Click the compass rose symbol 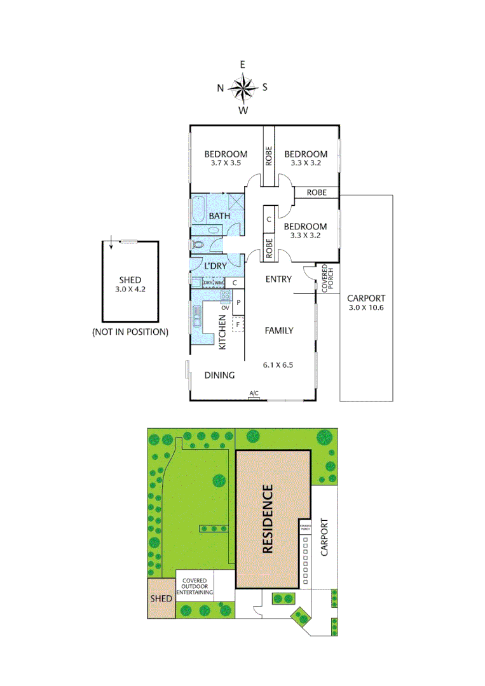point(243,88)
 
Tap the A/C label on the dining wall point(254,394)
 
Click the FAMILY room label point(279,330)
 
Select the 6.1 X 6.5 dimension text point(279,365)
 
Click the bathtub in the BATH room point(197,210)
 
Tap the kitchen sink point(197,314)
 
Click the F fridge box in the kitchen point(238,325)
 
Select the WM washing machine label point(219,283)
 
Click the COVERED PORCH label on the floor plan point(325,278)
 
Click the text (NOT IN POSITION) point(130,332)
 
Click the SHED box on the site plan point(161,598)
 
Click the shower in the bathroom point(237,202)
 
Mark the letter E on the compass point(242,65)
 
